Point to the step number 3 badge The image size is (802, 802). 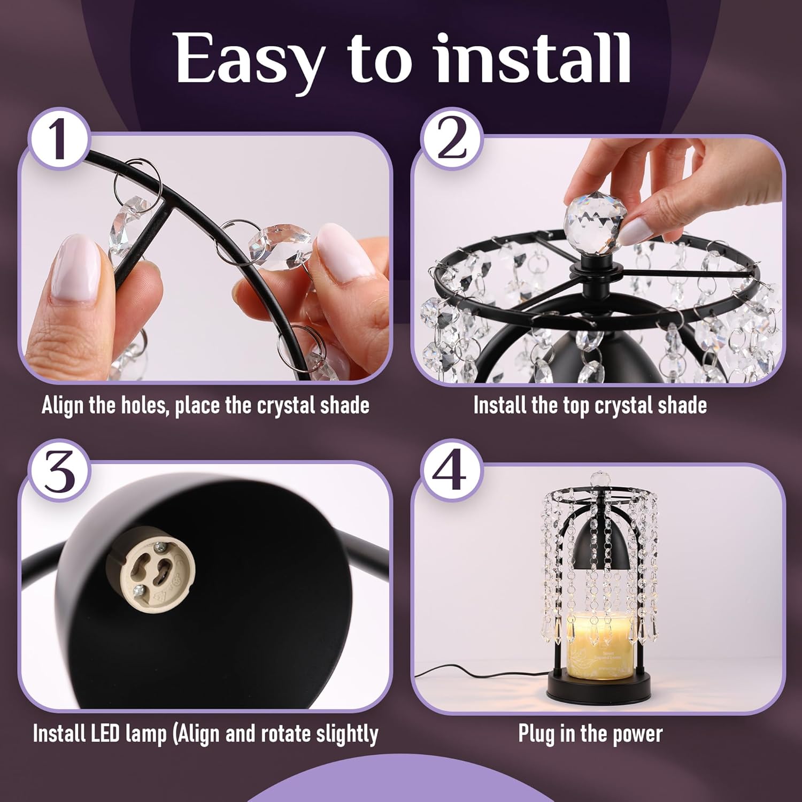(59, 472)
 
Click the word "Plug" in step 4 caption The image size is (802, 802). (537, 734)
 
